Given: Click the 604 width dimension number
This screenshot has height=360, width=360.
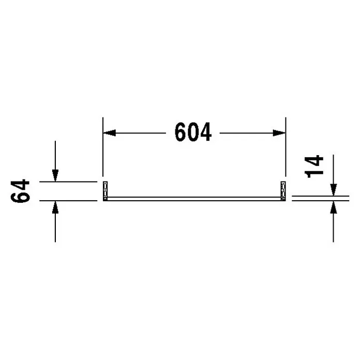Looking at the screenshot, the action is pos(193,132).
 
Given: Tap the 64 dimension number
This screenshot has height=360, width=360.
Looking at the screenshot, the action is pos(20,191).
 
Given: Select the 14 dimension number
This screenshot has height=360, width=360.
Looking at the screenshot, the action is pos(314,167).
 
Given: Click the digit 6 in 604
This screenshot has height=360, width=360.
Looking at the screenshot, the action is pos(181,132).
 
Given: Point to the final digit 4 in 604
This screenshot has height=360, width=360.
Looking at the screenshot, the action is pos(205,132).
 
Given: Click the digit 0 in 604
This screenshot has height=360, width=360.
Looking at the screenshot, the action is pos(193,132).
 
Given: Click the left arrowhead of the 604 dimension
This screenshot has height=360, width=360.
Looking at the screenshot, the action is pos(109,133).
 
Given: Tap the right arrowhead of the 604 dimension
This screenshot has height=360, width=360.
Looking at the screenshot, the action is pos(279,133).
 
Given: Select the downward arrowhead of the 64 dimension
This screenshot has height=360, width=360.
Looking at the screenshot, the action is pos(55,176).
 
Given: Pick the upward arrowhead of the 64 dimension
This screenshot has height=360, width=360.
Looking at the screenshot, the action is pos(55,207).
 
